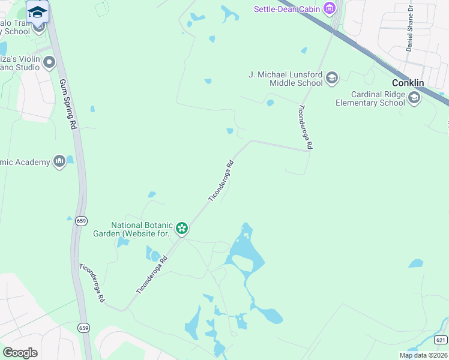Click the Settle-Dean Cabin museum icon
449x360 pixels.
pos(329,8)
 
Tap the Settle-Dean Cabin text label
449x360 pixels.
pos(287,9)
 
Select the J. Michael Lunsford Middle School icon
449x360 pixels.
pos(332,78)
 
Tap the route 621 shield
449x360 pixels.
pos(441,340)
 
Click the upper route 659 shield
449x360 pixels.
pos(82,221)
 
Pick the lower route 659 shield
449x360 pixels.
pos(83,327)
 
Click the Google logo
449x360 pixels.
pos(20,352)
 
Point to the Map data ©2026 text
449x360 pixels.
pos(423,355)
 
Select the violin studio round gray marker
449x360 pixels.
pos(49,62)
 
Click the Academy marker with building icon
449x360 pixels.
pos(59,161)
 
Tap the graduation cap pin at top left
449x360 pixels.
pos(37,12)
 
